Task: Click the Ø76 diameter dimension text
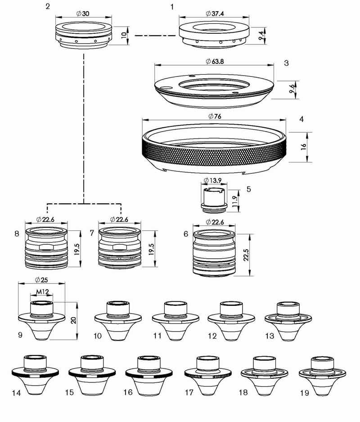pyautogui.click(x=214, y=116)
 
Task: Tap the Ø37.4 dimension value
pyautogui.click(x=214, y=13)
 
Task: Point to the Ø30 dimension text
pyautogui.click(x=83, y=13)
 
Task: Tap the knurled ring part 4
pyautogui.click(x=214, y=151)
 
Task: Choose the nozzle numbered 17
pyautogui.click(x=208, y=376)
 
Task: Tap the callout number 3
pyautogui.click(x=287, y=63)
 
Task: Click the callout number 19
pyautogui.click(x=304, y=393)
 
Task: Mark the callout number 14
pyautogui.click(x=16, y=393)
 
